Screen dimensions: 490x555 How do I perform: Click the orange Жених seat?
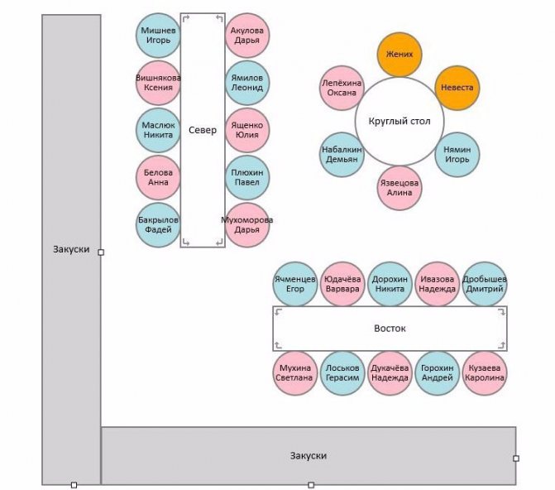coord(400,55)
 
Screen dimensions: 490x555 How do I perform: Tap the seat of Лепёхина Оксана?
coord(342,88)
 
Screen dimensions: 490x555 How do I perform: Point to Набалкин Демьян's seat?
coord(342,154)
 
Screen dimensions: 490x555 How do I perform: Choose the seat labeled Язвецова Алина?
coord(400,187)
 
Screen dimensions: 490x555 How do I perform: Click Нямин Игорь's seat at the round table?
coord(457,154)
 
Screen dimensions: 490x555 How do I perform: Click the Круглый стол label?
coord(399,121)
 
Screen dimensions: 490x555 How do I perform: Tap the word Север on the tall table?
coord(203,130)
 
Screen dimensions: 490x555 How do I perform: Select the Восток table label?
coord(390,329)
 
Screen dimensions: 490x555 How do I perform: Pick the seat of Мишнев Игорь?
coord(158,35)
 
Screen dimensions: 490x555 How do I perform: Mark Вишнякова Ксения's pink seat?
coord(158,83)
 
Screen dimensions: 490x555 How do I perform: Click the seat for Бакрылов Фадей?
coord(158,225)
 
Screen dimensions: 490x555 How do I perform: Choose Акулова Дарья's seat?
coord(247,35)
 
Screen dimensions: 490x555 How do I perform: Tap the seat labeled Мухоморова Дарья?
coord(247,225)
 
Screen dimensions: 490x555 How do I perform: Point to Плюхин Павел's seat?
coord(247,177)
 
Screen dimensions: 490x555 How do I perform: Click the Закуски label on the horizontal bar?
coord(309,456)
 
